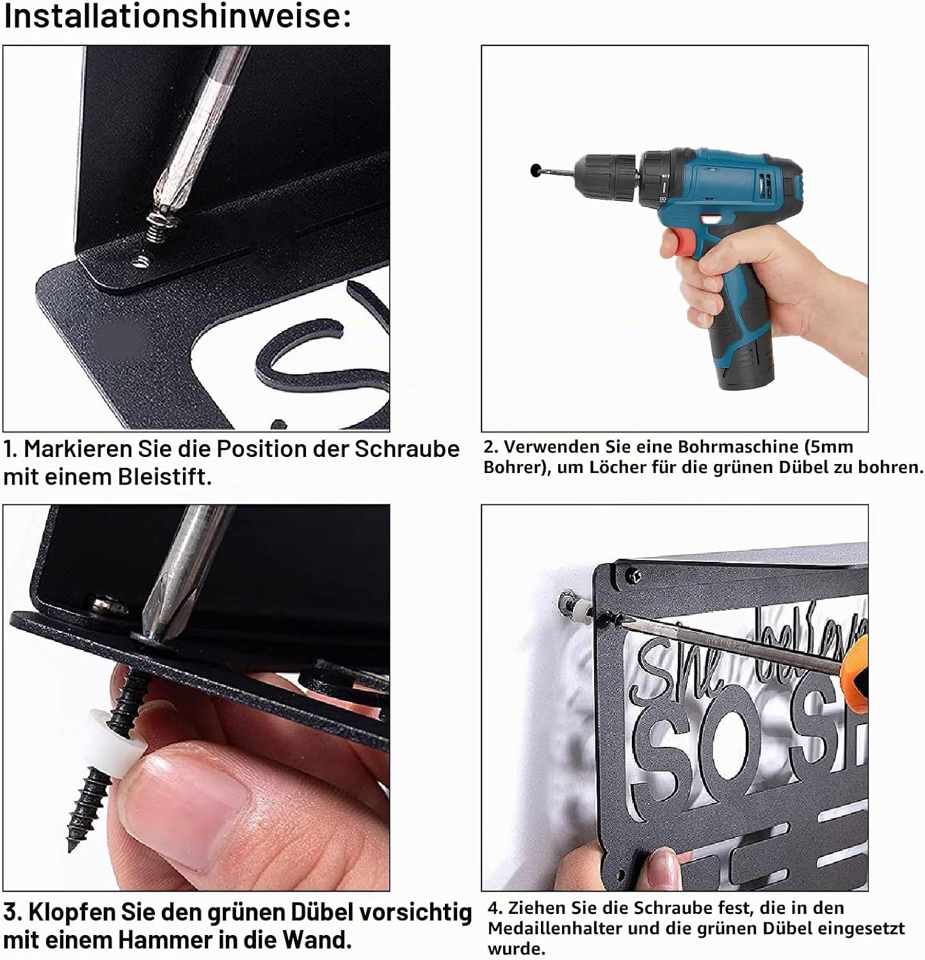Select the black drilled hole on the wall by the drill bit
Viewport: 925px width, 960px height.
point(534,171)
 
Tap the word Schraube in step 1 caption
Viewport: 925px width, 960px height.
point(406,449)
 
